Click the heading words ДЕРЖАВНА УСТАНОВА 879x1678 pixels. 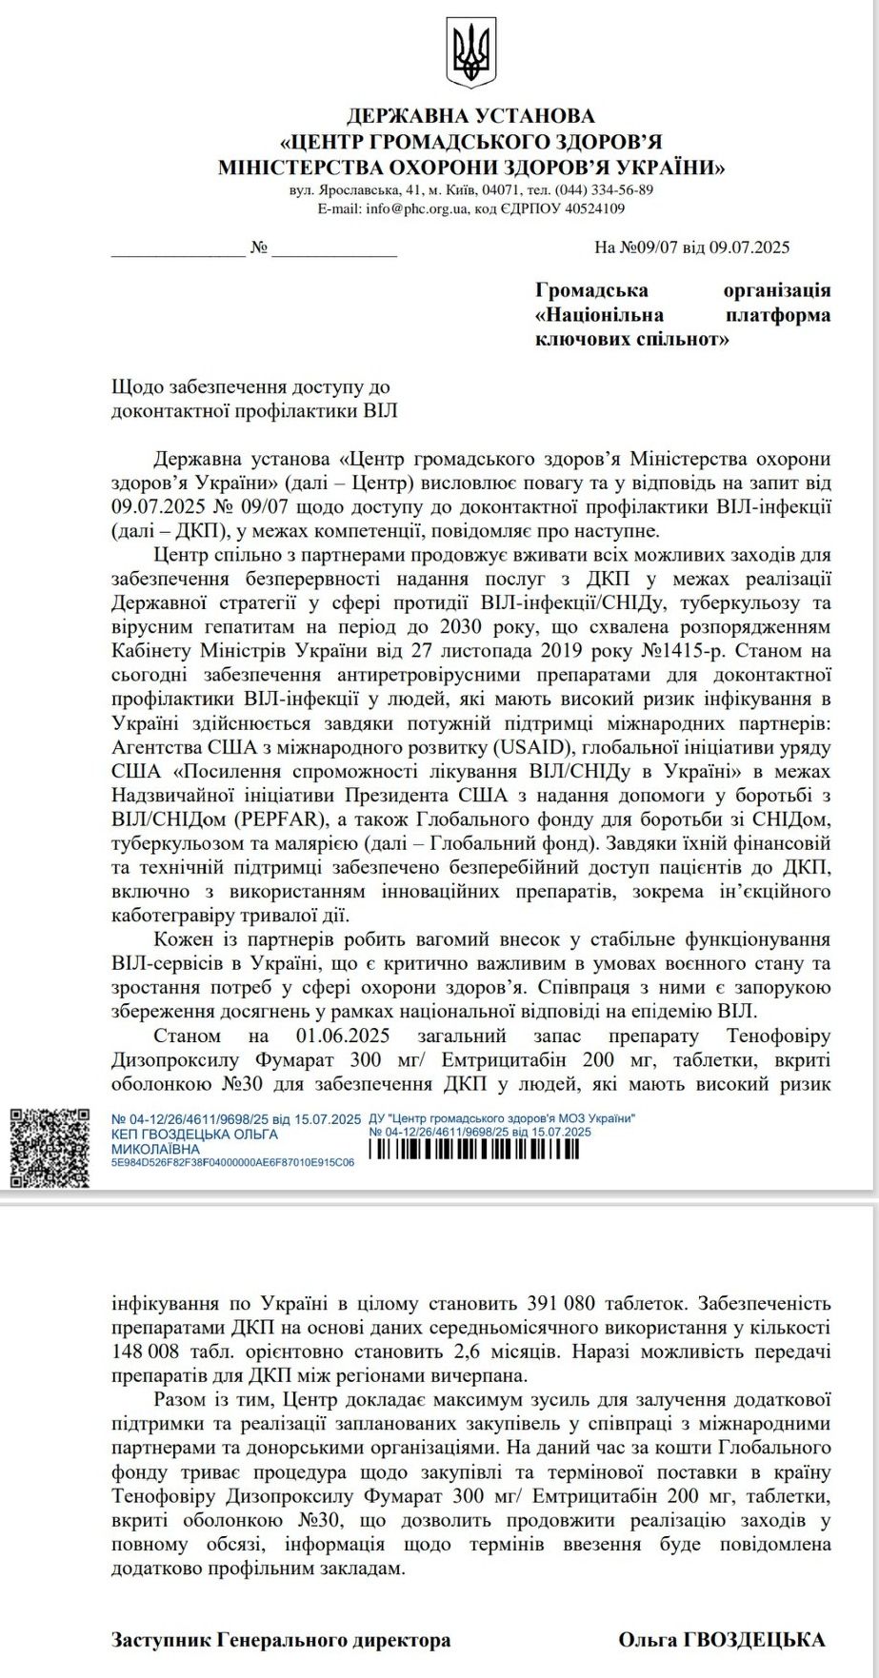coord(470,116)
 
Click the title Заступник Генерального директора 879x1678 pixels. coord(281,1639)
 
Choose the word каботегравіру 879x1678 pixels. coord(174,916)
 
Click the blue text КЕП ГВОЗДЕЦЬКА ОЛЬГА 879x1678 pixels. coord(194,1135)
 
